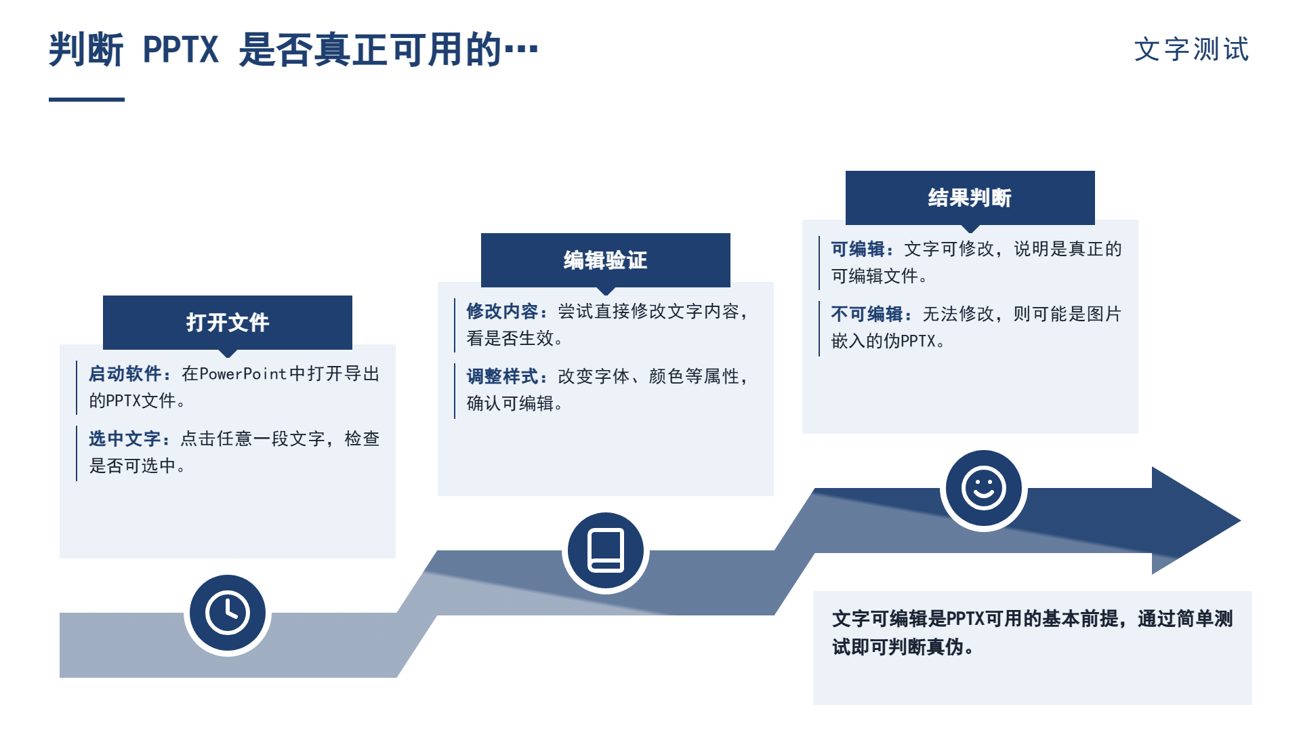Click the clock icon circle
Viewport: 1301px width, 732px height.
click(x=228, y=613)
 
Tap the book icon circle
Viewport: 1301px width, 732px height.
click(x=606, y=551)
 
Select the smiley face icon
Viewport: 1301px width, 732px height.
click(x=984, y=488)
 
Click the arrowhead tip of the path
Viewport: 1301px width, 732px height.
click(x=1240, y=521)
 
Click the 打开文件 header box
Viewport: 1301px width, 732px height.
click(x=228, y=323)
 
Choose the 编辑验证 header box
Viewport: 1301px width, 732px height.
click(x=606, y=260)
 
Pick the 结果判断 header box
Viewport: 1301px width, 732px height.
click(x=970, y=198)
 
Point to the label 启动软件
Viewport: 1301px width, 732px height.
click(x=125, y=373)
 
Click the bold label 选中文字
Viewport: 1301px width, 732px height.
click(x=125, y=439)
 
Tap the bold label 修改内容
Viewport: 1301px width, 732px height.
click(x=502, y=311)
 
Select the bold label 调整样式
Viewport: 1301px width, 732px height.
click(x=502, y=376)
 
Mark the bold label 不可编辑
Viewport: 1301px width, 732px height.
click(x=867, y=314)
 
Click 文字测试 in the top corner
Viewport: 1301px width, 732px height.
click(x=1192, y=49)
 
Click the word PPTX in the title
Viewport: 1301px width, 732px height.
click(x=181, y=49)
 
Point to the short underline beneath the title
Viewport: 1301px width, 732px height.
click(x=87, y=100)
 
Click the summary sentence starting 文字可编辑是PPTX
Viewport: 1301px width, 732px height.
click(x=1033, y=632)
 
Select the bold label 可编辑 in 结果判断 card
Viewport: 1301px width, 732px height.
click(x=858, y=249)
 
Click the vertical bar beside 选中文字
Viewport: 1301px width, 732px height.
click(x=77, y=453)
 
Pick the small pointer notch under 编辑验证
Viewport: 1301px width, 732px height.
click(x=606, y=291)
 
